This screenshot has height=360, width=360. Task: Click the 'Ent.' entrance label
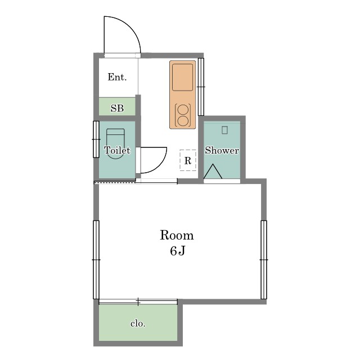(117, 77)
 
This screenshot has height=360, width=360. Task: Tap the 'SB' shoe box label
(117, 108)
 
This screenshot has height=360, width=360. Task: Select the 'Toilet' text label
(118, 150)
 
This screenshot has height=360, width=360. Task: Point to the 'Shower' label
(222, 150)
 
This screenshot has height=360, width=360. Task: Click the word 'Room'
(177, 235)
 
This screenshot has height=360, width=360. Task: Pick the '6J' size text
(178, 251)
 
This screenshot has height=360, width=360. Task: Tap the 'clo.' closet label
(138, 323)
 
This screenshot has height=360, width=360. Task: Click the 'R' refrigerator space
(188, 160)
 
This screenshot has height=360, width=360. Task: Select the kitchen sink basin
(182, 77)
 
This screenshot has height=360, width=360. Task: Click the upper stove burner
(183, 109)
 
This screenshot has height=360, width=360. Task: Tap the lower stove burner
(183, 121)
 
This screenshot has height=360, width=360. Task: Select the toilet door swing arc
(160, 165)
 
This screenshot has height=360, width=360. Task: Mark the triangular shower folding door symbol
(213, 171)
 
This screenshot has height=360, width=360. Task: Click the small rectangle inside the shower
(224, 130)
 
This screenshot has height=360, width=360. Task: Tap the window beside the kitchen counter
(201, 87)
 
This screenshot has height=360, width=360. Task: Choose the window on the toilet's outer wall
(96, 139)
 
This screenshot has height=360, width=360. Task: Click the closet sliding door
(138, 302)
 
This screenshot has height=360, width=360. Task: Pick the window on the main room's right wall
(264, 260)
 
